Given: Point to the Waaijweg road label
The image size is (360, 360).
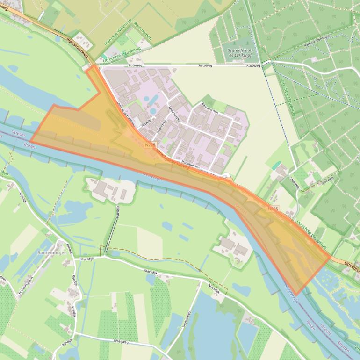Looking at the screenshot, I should (121, 342).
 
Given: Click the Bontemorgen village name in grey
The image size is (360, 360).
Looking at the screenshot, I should (50, 253).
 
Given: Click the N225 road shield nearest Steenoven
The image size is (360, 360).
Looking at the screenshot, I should (150, 146).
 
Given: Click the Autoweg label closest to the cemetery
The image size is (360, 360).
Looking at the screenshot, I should (252, 66).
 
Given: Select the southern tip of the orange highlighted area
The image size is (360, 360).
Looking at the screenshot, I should (296, 295).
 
